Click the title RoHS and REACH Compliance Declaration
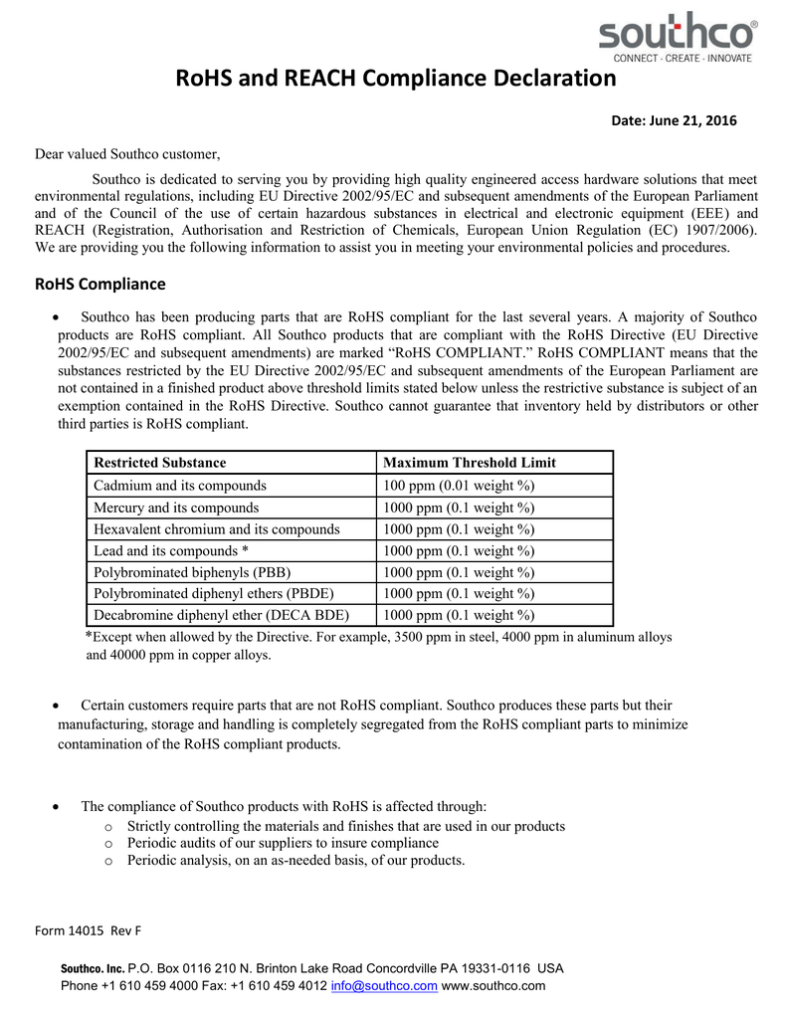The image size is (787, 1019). click(x=396, y=79)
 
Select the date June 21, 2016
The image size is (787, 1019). click(x=674, y=121)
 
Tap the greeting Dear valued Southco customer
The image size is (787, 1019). click(x=127, y=154)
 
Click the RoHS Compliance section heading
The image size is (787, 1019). click(x=100, y=285)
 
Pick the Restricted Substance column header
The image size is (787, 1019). click(x=159, y=463)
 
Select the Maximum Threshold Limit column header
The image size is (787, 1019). click(x=470, y=463)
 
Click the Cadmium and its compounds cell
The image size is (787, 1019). click(x=179, y=485)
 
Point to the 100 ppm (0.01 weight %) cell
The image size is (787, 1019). click(x=459, y=485)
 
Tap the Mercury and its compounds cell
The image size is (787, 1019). click(x=176, y=507)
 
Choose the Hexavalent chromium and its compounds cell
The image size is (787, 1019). click(x=216, y=528)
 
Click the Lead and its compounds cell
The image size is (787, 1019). click(x=170, y=550)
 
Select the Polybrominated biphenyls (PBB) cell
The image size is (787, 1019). click(x=192, y=572)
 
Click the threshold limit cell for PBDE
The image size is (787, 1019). click(x=459, y=594)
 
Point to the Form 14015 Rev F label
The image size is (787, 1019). click(x=89, y=930)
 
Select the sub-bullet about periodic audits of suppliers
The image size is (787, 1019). click(x=283, y=843)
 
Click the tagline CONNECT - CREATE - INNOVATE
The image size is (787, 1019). click(x=682, y=58)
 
